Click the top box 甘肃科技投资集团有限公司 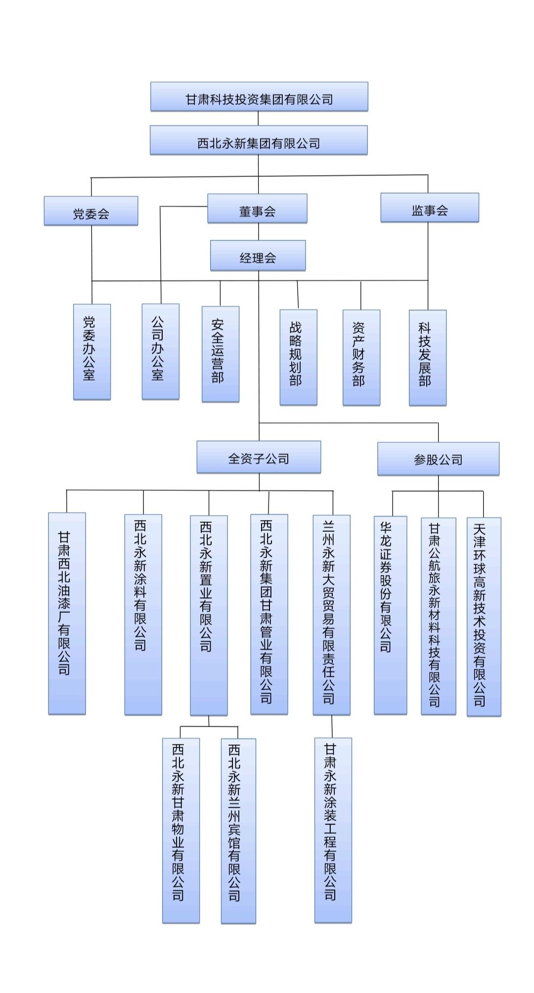(259, 97)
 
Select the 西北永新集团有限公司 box (259, 140)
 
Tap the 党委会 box (91, 211)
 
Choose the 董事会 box (257, 209)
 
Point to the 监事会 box (429, 208)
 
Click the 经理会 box (258, 256)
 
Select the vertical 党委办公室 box (92, 351)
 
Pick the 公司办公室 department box (160, 351)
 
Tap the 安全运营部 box (221, 354)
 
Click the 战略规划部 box (298, 357)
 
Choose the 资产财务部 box (361, 357)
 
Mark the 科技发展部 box (428, 358)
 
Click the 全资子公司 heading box (259, 457)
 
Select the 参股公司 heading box (438, 459)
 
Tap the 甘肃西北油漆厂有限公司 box (67, 613)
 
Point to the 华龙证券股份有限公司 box (390, 615)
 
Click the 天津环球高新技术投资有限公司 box (484, 616)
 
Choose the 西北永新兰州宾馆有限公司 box (238, 830)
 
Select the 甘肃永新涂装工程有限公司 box (333, 830)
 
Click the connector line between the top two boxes (258, 119)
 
